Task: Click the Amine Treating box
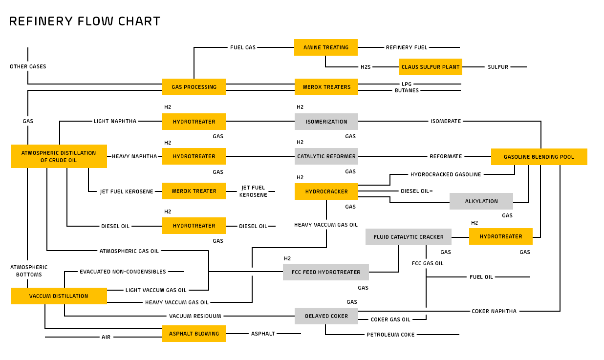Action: click(x=325, y=47)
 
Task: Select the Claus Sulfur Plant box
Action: click(x=430, y=67)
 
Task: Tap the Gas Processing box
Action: click(x=194, y=87)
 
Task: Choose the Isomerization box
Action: click(x=326, y=122)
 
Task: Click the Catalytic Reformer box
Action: click(x=326, y=156)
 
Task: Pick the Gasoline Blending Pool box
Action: click(x=539, y=157)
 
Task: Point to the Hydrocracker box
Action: click(x=326, y=191)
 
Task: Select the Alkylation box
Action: click(x=481, y=201)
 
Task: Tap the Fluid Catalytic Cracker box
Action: click(x=408, y=237)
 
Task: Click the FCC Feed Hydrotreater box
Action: click(x=325, y=272)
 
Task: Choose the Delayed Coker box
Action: click(x=326, y=316)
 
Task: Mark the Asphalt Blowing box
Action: click(x=194, y=334)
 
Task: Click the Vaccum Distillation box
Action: click(x=59, y=296)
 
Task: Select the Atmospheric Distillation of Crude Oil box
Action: click(x=59, y=156)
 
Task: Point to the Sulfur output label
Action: click(x=497, y=67)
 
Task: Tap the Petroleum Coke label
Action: click(x=390, y=335)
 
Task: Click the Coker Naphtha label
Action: click(x=494, y=311)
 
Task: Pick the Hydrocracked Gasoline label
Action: click(x=445, y=174)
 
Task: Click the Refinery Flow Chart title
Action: click(x=85, y=21)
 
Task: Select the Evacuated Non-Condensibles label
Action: click(x=123, y=272)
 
